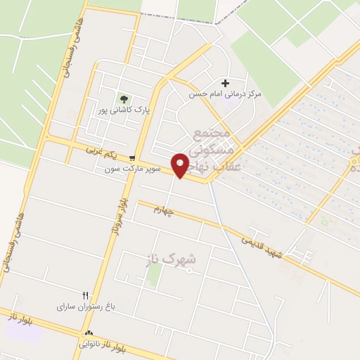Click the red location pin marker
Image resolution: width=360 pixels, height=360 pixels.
click(180, 165)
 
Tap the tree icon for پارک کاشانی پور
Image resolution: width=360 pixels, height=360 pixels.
click(124, 99)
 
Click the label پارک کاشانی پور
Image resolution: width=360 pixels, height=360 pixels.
click(124, 110)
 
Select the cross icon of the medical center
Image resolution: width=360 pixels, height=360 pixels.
click(225, 83)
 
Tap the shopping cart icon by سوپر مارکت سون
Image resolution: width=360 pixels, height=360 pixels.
click(132, 158)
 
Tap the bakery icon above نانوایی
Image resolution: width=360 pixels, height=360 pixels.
click(88, 334)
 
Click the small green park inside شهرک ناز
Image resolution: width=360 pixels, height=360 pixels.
click(154, 275)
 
